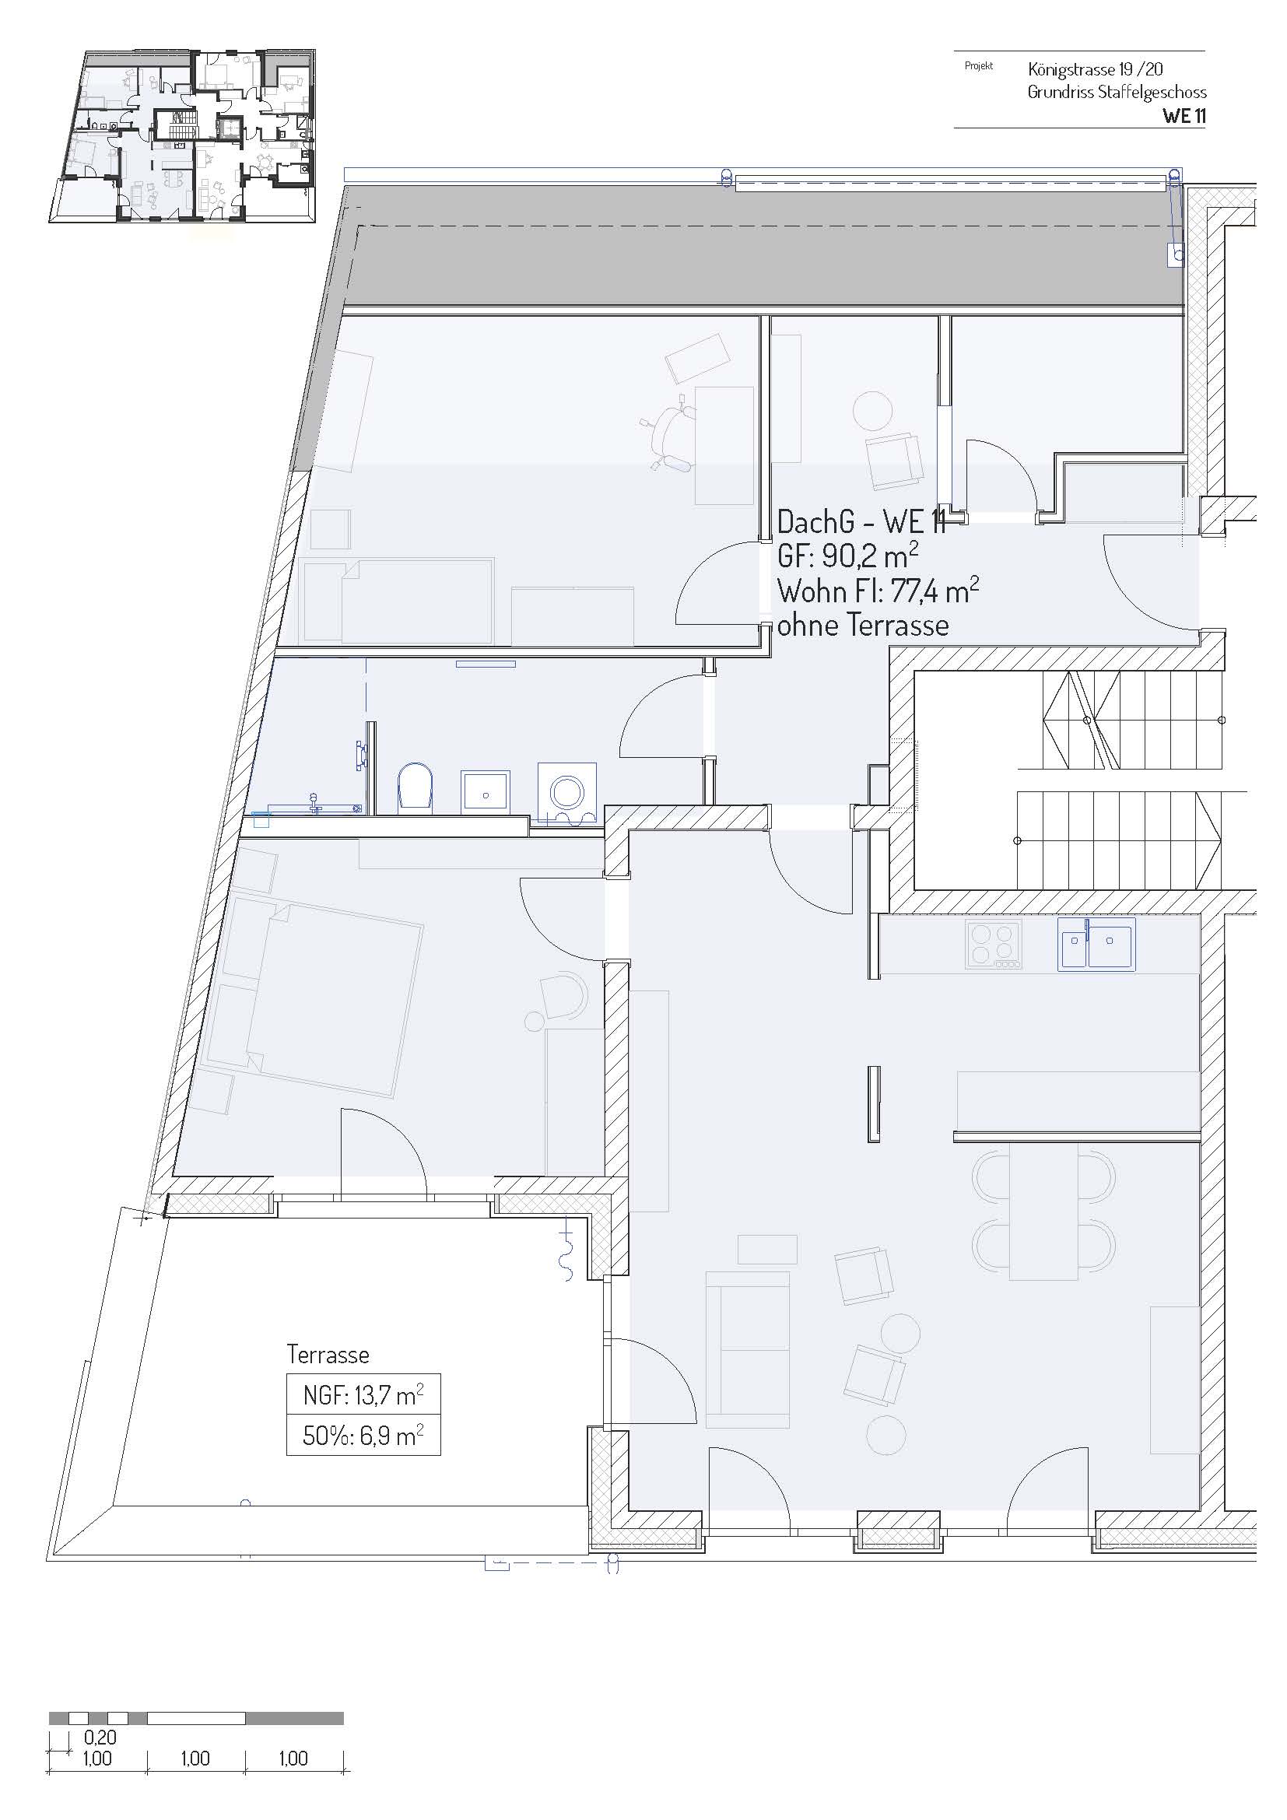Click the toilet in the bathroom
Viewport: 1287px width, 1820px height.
[x=416, y=788]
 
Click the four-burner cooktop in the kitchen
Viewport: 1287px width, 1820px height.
[x=994, y=944]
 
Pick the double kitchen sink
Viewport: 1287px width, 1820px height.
[x=1096, y=944]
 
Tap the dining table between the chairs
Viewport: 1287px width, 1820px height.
[x=1043, y=1211]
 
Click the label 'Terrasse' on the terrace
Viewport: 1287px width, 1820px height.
[x=328, y=1354]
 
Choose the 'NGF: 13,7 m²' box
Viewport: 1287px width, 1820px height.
[x=363, y=1394]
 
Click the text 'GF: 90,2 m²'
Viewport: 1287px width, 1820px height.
[x=847, y=556]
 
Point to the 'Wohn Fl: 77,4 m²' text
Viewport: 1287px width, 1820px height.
[x=878, y=591]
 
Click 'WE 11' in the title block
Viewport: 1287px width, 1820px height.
[x=1184, y=116]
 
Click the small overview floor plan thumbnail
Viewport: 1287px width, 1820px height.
[x=184, y=137]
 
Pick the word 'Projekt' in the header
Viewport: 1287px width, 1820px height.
[x=979, y=66]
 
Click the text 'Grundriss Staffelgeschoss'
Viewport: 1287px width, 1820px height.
[x=1117, y=92]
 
